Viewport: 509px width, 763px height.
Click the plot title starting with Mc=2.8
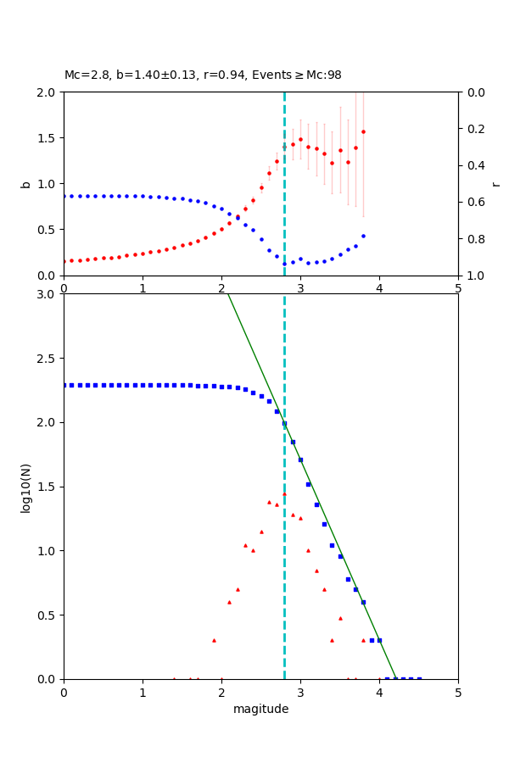tap(203, 75)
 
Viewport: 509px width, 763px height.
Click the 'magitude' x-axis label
tap(260, 709)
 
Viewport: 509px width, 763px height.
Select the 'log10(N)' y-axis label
tap(25, 487)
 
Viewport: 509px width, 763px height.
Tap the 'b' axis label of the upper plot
tap(25, 183)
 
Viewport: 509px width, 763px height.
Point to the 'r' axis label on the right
tap(495, 183)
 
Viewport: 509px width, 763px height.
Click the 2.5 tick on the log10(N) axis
tap(48, 358)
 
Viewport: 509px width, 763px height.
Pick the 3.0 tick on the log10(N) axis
tap(48, 294)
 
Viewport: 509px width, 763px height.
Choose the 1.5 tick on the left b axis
tap(48, 137)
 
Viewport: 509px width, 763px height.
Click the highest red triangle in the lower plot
tap(284, 493)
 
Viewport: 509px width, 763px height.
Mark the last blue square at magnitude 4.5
tap(419, 678)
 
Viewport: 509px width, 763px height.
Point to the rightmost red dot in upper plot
tap(363, 131)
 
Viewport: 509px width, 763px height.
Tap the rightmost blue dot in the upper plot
tap(363, 236)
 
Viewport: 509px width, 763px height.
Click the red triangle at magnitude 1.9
tap(214, 640)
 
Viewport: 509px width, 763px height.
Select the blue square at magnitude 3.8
tap(363, 602)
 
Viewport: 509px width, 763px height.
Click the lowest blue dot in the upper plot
tap(284, 264)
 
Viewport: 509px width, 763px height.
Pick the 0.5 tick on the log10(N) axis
tap(48, 615)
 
